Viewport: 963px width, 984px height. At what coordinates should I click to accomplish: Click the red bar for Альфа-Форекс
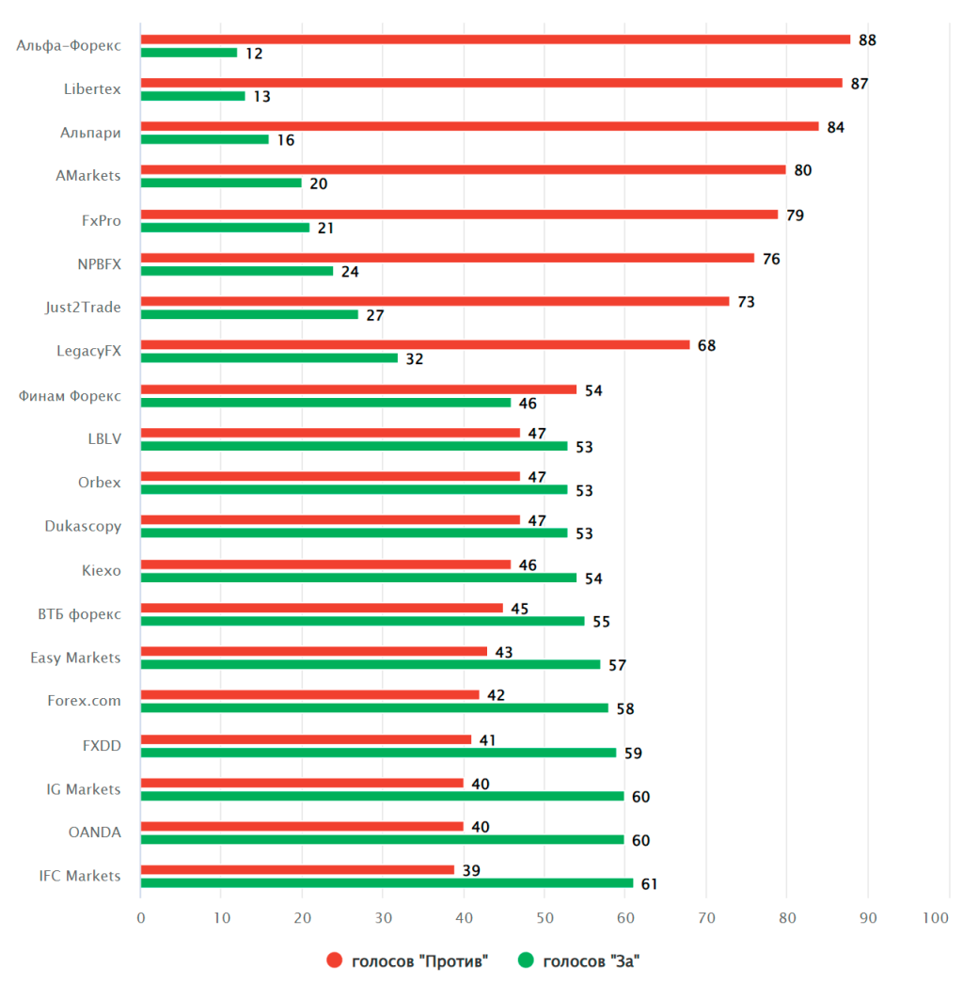(x=496, y=40)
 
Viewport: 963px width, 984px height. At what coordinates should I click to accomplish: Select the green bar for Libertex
(x=193, y=96)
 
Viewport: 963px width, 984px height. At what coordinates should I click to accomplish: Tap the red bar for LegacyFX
(x=415, y=345)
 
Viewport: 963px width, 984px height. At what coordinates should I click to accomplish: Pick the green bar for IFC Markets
(x=387, y=882)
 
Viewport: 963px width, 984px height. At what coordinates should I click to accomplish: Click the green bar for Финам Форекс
(x=325, y=403)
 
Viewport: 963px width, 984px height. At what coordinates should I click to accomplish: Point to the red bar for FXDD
(x=306, y=739)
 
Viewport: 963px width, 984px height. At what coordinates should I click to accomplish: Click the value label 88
(x=867, y=40)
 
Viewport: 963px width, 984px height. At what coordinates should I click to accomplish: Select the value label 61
(x=650, y=883)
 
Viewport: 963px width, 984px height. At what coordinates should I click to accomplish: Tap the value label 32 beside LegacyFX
(x=414, y=358)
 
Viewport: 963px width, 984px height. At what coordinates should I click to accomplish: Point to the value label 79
(x=795, y=214)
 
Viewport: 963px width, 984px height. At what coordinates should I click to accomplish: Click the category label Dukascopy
(x=83, y=526)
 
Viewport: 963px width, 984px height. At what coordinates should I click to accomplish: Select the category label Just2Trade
(x=83, y=307)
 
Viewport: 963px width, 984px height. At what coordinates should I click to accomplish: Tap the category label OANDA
(x=94, y=832)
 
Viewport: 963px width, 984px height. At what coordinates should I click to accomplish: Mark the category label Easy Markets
(x=75, y=658)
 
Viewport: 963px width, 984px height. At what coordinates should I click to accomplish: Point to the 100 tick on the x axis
(x=936, y=917)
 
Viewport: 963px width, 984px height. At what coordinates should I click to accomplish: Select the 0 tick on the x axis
(x=141, y=917)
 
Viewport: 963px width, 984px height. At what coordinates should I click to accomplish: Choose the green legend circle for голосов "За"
(x=526, y=960)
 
